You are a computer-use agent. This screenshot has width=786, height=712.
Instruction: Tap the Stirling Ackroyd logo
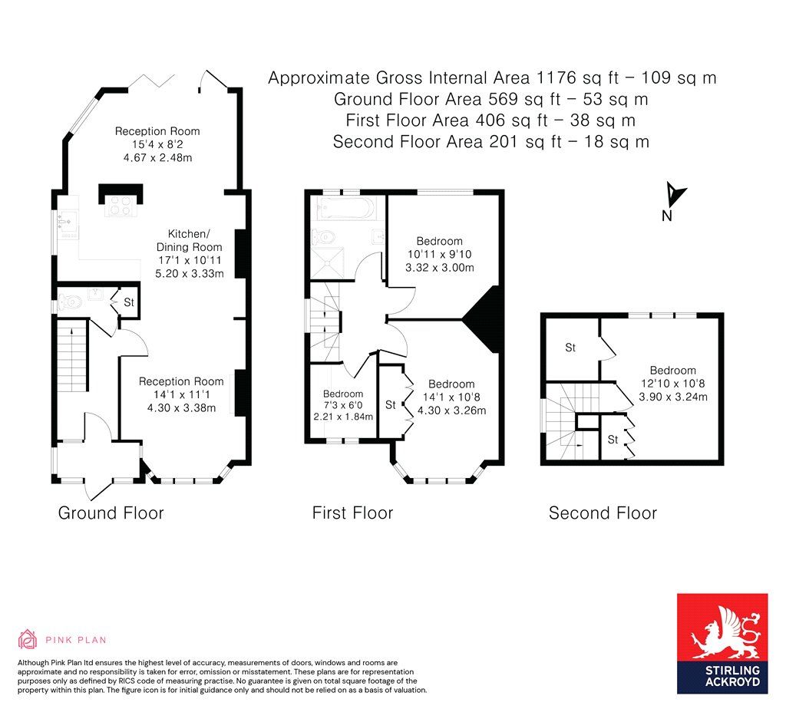[722, 644]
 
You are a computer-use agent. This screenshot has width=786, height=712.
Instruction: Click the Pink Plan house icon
[28, 639]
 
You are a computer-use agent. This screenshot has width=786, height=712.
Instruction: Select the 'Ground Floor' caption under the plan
[111, 513]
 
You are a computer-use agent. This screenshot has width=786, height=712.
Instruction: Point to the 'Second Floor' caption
[603, 513]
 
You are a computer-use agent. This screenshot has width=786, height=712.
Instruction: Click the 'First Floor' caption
[352, 513]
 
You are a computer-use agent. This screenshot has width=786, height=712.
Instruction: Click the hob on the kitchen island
[120, 205]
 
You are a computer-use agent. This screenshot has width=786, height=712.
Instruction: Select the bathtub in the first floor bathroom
[345, 208]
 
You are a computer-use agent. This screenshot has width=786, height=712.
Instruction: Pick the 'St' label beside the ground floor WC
[129, 302]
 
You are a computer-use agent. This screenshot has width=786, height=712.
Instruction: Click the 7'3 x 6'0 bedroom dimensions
[343, 417]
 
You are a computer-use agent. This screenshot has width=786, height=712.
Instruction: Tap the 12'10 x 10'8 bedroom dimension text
[672, 397]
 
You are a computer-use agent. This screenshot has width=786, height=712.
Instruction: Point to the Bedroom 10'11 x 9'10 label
[439, 254]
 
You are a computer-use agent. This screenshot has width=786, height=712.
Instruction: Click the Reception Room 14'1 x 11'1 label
[181, 394]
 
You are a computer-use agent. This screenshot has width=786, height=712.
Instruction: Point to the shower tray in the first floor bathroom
[329, 256]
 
